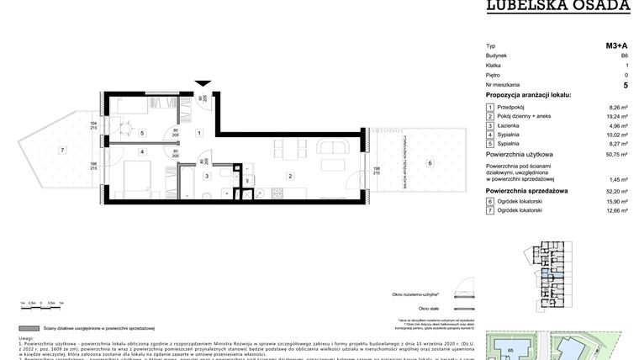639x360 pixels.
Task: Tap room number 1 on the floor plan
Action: pyautogui.click(x=198, y=134)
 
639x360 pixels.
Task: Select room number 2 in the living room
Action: pyautogui.click(x=290, y=176)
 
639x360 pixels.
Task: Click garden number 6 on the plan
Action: pyautogui.click(x=429, y=163)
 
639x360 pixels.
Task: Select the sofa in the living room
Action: pyautogui.click(x=336, y=155)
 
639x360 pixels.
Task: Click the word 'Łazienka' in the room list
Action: pyautogui.click(x=510, y=126)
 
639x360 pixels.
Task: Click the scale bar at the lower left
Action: pyautogui.click(x=42, y=301)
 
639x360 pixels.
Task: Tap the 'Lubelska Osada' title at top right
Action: pyautogui.click(x=559, y=6)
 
